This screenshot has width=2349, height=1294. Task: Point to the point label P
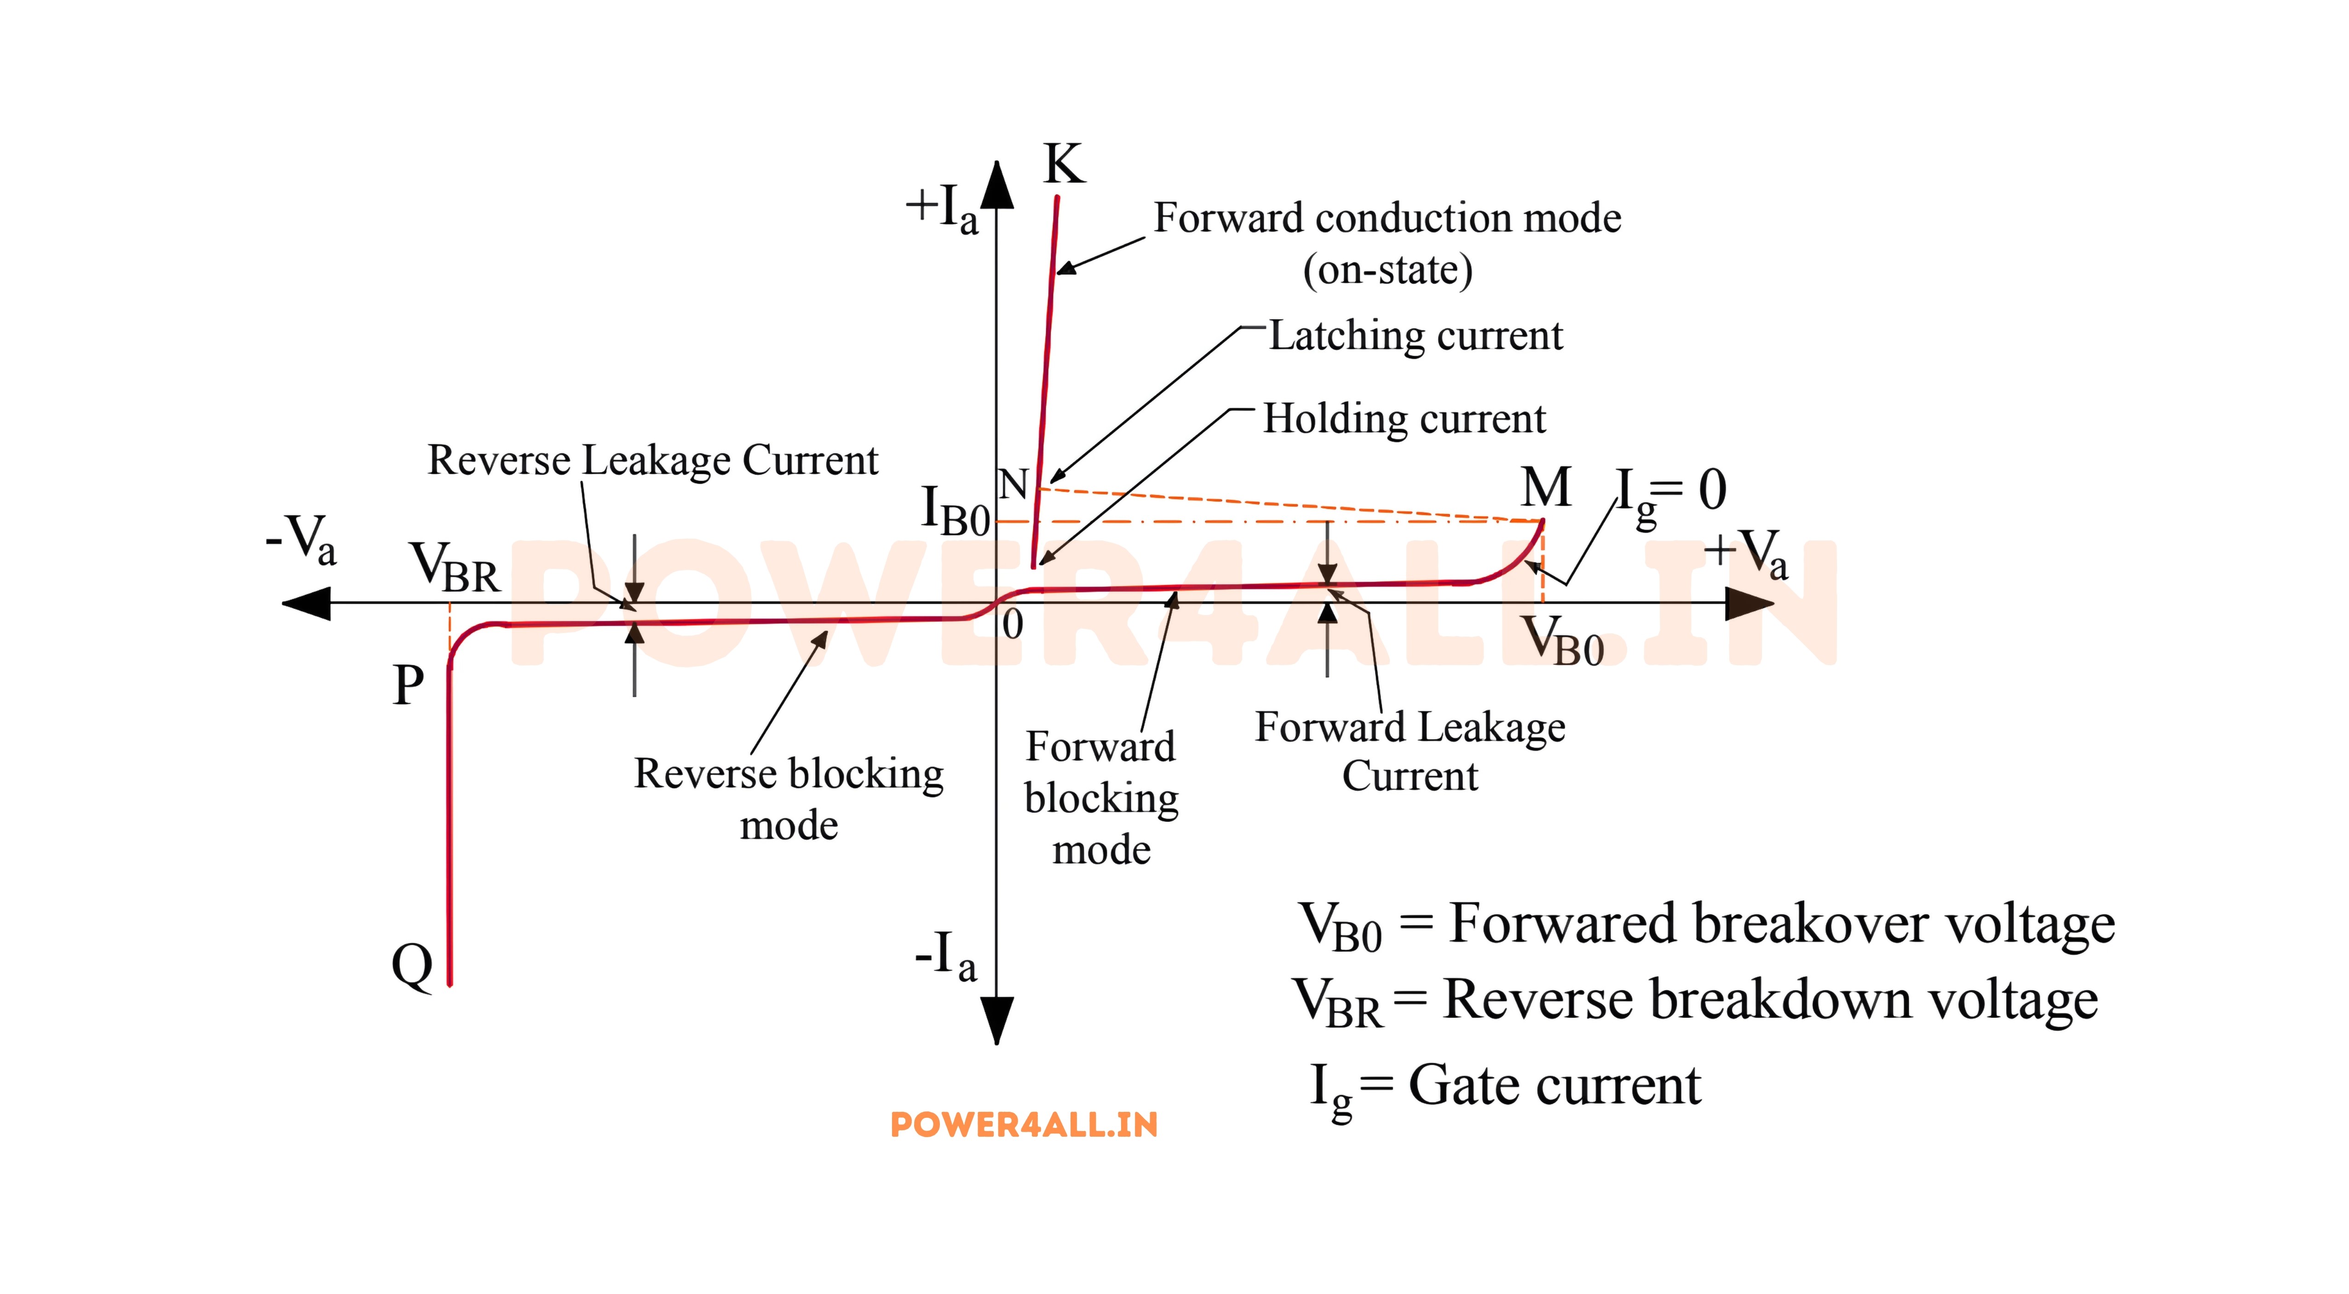[x=409, y=685]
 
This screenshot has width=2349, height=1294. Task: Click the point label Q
[x=412, y=965]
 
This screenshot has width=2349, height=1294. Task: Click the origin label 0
[x=1012, y=626]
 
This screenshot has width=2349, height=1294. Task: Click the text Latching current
[x=1415, y=336]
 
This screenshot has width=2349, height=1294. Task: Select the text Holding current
[x=1404, y=419]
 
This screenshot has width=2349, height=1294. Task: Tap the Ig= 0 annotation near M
[x=1670, y=492]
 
